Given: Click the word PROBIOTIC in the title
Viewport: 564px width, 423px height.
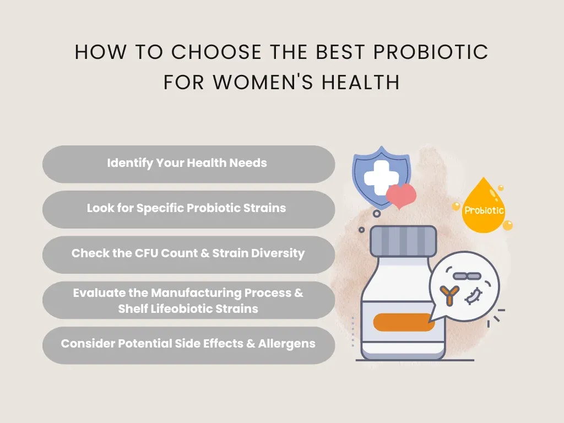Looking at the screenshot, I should click(431, 52).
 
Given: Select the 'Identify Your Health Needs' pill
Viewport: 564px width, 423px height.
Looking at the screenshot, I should click(188, 164).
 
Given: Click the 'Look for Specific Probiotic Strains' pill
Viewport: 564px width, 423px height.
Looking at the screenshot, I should click(188, 209).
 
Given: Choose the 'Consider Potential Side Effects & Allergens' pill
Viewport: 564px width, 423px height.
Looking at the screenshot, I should click(188, 344).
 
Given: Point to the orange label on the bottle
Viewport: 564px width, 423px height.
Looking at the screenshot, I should click(404, 322).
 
